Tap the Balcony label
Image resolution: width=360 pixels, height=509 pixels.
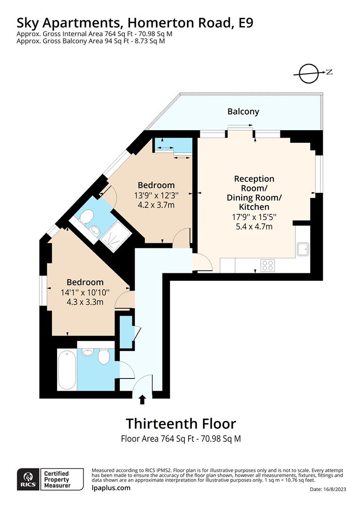tap(243, 112)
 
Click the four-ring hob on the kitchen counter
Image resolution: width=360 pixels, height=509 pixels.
tap(268, 266)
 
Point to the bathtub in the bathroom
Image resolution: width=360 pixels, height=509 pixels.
tap(66, 369)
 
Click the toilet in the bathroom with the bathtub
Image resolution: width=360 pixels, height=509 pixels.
tap(104, 357)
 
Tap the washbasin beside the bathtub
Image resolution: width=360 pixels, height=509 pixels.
tap(88, 353)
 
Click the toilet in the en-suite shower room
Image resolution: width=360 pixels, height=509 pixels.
tap(85, 217)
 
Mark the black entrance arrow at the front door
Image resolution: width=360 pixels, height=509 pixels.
tap(142, 400)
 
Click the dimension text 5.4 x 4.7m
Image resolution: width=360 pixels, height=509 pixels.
tap(254, 227)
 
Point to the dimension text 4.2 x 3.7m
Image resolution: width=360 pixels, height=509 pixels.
tap(156, 205)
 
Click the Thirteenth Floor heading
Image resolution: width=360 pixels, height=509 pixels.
tap(180, 423)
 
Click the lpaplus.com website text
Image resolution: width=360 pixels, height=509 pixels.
tap(111, 488)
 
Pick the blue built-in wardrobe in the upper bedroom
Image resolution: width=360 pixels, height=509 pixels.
tap(173, 145)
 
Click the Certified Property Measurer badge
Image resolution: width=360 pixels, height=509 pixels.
tap(57, 480)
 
